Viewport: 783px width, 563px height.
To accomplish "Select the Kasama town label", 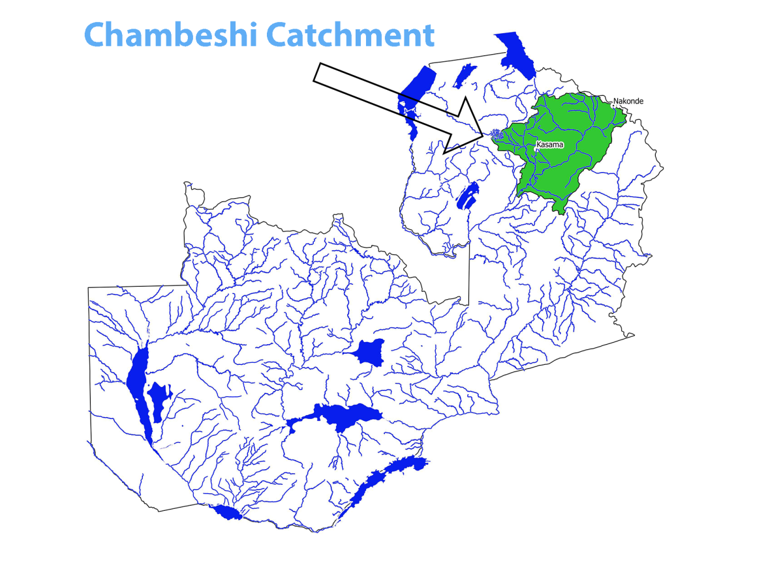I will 549,144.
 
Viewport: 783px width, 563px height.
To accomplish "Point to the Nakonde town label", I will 628,101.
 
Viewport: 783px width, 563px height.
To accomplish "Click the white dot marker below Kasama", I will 536,150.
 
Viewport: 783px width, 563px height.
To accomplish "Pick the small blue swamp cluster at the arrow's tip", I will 497,135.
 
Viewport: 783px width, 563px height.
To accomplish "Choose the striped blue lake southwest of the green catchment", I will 465,195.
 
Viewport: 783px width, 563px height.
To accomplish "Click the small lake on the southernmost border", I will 229,513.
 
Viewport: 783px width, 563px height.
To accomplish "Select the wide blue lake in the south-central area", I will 339,417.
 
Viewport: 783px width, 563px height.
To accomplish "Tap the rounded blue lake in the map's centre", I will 369,352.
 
